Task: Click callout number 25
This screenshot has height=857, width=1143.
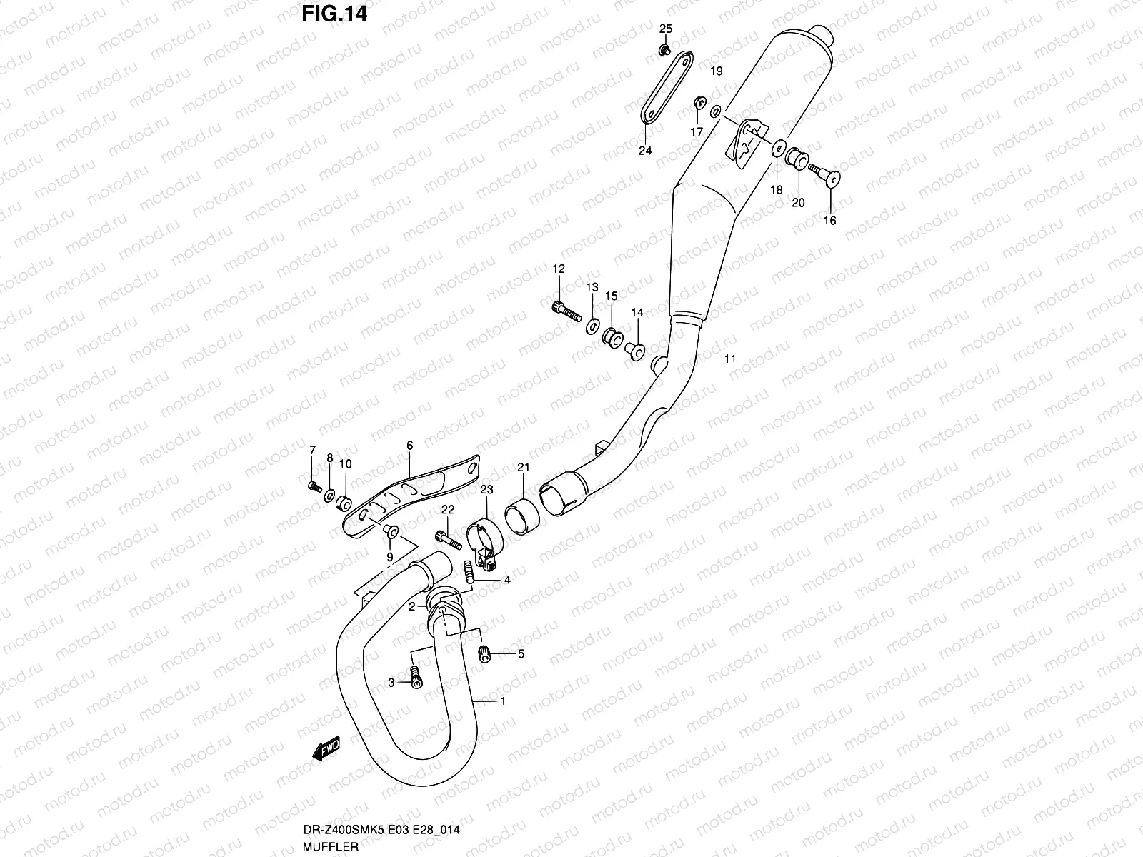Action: click(x=665, y=29)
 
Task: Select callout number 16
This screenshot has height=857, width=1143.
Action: click(x=829, y=220)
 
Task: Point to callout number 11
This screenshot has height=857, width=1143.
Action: click(x=729, y=359)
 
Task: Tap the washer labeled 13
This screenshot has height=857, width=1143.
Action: click(x=593, y=326)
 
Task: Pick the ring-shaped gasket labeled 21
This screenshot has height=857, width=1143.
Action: click(x=521, y=517)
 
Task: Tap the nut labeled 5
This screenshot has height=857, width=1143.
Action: click(x=486, y=653)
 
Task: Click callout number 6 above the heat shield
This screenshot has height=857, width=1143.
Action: click(x=410, y=446)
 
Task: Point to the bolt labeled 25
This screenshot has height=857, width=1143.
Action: click(x=664, y=49)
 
